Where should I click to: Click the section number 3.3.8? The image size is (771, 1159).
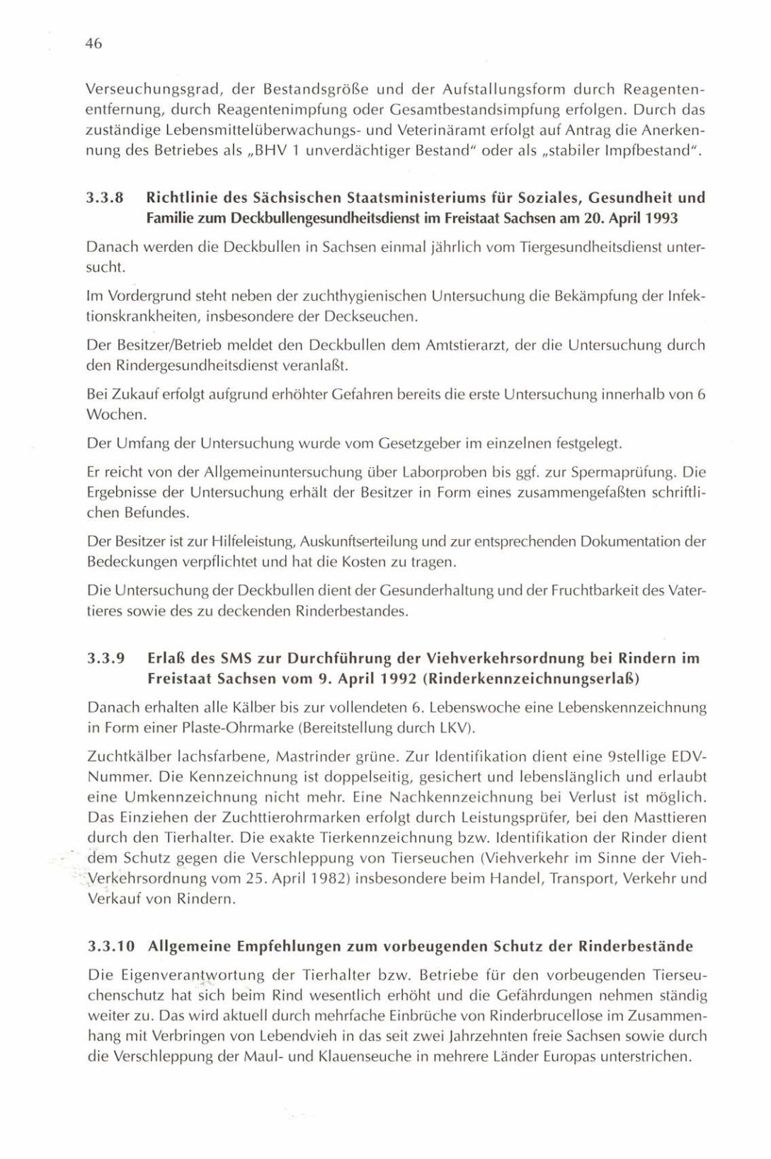(105, 198)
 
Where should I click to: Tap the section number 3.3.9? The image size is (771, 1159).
(105, 659)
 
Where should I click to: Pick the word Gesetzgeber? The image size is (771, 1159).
(420, 444)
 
